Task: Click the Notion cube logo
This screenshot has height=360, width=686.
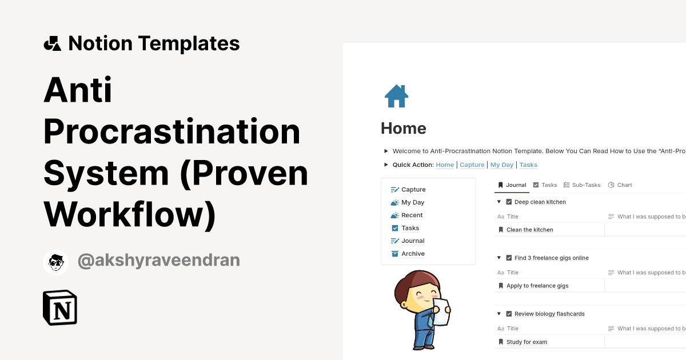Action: [x=60, y=308]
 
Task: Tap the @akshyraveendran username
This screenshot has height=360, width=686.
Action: [x=159, y=261]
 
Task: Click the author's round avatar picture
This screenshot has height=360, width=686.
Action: [x=55, y=262]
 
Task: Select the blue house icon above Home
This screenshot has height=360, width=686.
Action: [x=396, y=96]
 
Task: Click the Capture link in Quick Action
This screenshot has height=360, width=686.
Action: [x=472, y=165]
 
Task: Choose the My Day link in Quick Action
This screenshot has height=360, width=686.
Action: [x=502, y=165]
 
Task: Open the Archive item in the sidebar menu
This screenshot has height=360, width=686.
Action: [x=413, y=254]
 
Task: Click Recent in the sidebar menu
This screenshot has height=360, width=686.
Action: [x=412, y=215]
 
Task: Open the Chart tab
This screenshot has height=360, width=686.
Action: [x=624, y=185]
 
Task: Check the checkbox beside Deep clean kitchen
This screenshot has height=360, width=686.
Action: [x=509, y=202]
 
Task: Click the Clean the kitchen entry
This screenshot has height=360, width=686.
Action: [x=529, y=230]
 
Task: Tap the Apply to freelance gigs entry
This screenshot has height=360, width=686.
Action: [x=537, y=286]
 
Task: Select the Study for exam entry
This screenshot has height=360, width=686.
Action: [x=527, y=342]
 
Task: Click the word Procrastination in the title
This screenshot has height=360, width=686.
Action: [x=171, y=131]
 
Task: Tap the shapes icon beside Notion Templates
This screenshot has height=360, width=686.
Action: [x=52, y=43]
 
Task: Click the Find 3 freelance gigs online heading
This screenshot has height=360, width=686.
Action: [x=551, y=258]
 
